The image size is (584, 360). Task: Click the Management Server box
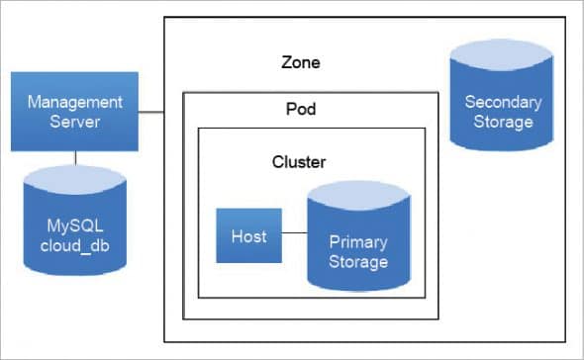[x=75, y=112]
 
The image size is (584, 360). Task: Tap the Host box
[x=248, y=236]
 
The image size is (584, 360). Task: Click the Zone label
[x=301, y=62]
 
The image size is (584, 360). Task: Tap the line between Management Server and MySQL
[x=75, y=155]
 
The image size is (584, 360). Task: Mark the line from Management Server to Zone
[x=149, y=113]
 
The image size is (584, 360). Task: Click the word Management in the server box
[x=75, y=102]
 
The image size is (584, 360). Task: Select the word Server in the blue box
[x=75, y=122]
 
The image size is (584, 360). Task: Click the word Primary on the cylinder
[x=358, y=242]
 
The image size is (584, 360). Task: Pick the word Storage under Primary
[x=358, y=262]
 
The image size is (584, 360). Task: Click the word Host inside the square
[x=248, y=236]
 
